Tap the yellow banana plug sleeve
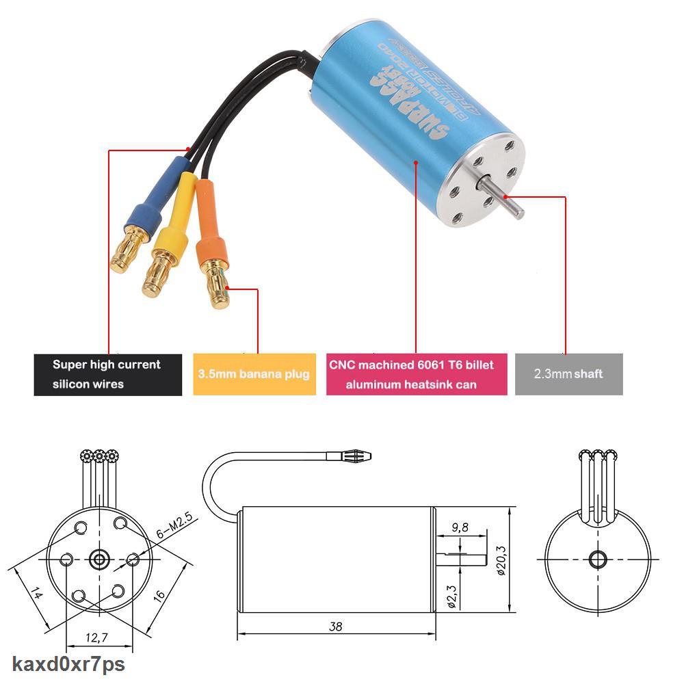point(179,219)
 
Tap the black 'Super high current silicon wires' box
point(108,374)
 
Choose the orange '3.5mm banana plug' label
point(254,374)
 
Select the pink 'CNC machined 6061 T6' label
point(416,374)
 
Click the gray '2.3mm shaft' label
point(568,374)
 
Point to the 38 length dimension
point(334,626)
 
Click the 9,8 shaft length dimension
point(460,527)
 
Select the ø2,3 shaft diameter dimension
point(451,592)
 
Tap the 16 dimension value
point(159,595)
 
